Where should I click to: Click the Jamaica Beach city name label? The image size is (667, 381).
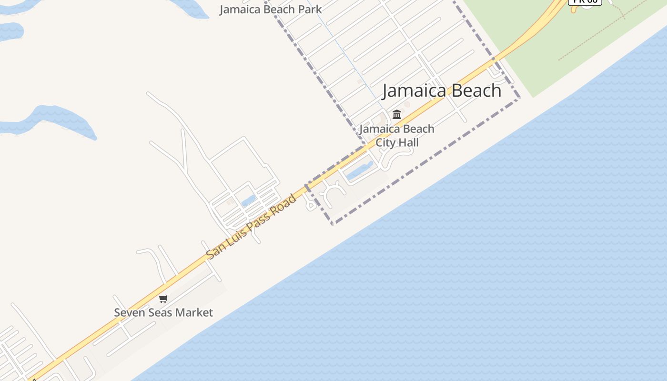[442, 90]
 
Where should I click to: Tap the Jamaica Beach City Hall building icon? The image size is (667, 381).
[397, 114]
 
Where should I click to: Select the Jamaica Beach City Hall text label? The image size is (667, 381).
[397, 136]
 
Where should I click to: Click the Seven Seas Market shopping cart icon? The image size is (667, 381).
[163, 299]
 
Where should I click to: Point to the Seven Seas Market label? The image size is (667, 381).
[163, 312]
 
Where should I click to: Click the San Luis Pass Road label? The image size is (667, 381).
[252, 227]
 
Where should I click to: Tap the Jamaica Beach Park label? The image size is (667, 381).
[271, 9]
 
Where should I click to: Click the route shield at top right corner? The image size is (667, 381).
[585, 1]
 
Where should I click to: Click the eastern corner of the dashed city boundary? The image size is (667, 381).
[519, 98]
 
